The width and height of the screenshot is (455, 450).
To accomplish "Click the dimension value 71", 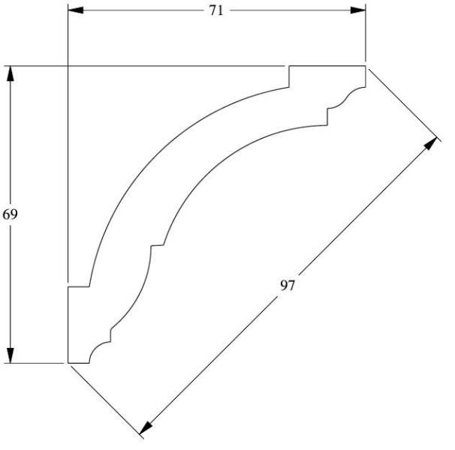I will tap(216, 10).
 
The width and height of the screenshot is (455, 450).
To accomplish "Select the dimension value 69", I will tap(11, 214).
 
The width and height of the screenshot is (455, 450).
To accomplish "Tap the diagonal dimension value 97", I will tap(288, 286).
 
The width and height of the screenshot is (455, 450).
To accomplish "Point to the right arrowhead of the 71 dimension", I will tap(359, 10).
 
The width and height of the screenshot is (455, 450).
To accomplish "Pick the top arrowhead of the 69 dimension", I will tap(11, 73).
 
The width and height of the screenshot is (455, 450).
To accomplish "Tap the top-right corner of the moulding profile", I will tap(365, 67).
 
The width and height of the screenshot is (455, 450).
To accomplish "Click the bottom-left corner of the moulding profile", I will tap(68, 363).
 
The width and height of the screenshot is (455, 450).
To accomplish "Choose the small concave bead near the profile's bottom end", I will tap(100, 349).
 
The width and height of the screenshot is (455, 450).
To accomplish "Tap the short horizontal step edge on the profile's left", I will tap(79, 286).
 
